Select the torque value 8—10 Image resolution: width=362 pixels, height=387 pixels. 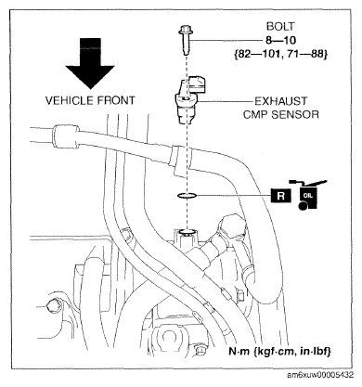click(280, 40)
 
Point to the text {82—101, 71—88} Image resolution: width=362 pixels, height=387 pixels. click(280, 54)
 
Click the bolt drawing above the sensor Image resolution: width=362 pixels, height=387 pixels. click(185, 41)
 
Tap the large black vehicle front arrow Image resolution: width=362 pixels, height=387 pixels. click(90, 63)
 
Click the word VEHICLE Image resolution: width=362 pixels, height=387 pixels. click(69, 100)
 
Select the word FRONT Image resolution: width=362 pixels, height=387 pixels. click(115, 100)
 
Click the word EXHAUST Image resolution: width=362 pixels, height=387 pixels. click(281, 101)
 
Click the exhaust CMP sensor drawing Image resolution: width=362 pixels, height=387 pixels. click(188, 99)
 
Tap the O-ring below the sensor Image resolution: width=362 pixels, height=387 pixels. click(187, 195)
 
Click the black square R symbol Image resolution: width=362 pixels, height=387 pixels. click(281, 196)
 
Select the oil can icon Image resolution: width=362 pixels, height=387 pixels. click(309, 195)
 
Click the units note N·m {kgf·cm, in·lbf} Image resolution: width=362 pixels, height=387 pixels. click(280, 352)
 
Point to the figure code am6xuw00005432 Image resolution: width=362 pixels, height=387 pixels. click(320, 375)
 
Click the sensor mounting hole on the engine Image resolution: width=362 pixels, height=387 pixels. click(187, 232)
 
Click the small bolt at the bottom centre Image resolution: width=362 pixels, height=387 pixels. click(199, 349)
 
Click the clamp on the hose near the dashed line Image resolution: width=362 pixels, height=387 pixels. click(179, 161)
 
